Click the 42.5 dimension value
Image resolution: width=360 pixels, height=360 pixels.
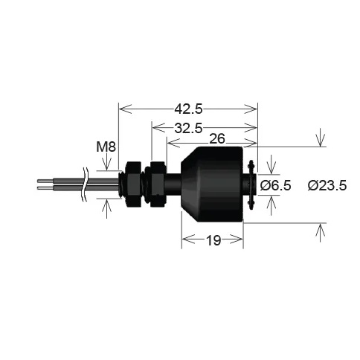pos(188,109)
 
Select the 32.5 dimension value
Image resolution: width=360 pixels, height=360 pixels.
pos(188,128)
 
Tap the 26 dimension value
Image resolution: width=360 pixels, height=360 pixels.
pos(217,139)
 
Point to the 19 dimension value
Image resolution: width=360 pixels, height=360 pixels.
pos(213,240)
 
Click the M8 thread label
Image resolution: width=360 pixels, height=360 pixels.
pos(106,147)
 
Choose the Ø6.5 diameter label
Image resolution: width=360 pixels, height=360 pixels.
pos(275,185)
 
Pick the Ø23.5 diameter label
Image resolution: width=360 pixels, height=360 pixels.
pos(327,185)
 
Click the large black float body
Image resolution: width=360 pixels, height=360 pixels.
pos(212,184)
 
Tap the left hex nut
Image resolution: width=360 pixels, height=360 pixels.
pos(134,184)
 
